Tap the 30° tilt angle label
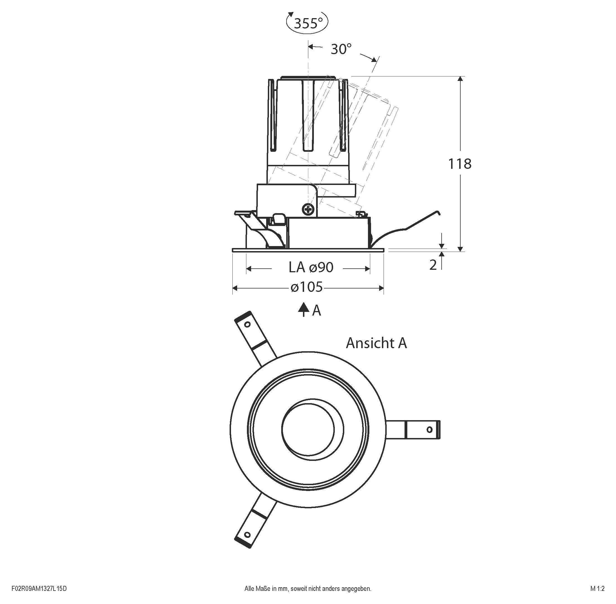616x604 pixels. [x=341, y=49]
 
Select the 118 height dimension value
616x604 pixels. [x=459, y=164]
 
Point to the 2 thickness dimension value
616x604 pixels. [x=433, y=265]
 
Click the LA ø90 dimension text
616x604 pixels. [x=311, y=268]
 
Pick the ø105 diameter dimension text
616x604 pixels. [x=307, y=287]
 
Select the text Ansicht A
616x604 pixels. [x=376, y=343]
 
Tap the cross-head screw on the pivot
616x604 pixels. [x=308, y=209]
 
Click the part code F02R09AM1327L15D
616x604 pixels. [x=39, y=589]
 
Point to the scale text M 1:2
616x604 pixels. [x=597, y=589]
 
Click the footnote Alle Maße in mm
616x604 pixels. [x=307, y=589]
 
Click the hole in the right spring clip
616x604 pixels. [x=429, y=430]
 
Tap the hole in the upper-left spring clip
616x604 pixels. [x=247, y=324]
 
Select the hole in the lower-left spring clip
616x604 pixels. [x=247, y=535]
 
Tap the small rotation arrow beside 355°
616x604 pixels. [x=290, y=16]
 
